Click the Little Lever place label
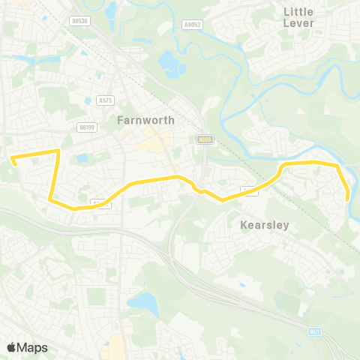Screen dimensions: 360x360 (298, 17)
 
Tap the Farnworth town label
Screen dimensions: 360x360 (146, 120)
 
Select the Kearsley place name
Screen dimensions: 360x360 (264, 225)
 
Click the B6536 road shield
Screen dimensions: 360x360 (80, 21)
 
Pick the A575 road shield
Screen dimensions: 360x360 (105, 99)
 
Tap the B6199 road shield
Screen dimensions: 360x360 (87, 127)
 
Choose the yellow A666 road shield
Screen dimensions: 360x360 (204, 139)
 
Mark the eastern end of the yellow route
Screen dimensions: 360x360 (348, 198)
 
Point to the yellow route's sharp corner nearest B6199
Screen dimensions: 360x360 (58, 151)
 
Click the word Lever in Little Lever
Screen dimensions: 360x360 (298, 23)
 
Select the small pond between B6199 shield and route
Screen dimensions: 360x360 (81, 158)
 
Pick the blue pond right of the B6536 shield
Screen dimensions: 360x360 (112, 10)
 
